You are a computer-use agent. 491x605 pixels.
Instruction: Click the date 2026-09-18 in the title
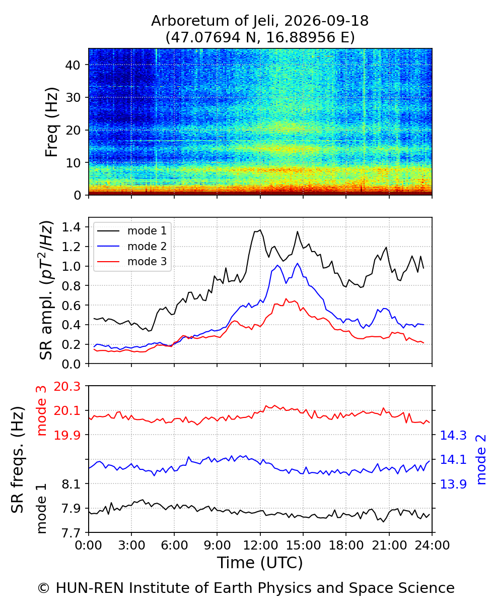point(326,21)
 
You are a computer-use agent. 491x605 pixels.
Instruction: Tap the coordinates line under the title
point(260,37)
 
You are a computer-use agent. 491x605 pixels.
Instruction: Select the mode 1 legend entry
point(132,231)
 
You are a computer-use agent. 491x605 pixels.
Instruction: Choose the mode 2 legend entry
point(132,246)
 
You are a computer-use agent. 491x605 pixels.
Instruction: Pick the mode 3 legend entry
point(132,262)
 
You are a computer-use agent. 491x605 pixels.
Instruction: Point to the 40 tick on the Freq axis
point(73,65)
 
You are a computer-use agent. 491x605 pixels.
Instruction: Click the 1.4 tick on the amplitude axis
point(71,227)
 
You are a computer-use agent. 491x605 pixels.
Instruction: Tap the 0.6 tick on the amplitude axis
point(71,305)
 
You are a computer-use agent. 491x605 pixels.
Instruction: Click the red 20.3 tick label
point(67,387)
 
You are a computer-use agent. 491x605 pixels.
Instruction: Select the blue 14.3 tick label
point(453,435)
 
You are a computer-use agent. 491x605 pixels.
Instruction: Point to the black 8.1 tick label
point(71,485)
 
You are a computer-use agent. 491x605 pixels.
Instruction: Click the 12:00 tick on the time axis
point(260,546)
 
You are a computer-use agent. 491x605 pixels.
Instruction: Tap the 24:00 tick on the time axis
point(432,546)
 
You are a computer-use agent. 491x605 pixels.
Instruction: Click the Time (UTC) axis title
point(260,563)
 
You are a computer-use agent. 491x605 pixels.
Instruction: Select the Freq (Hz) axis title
point(52,122)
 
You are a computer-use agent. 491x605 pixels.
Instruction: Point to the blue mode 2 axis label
point(481,460)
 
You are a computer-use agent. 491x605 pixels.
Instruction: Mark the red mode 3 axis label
point(42,411)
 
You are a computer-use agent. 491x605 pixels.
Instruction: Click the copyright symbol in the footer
point(43,588)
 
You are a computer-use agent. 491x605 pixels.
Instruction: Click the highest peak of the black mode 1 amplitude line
point(260,230)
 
